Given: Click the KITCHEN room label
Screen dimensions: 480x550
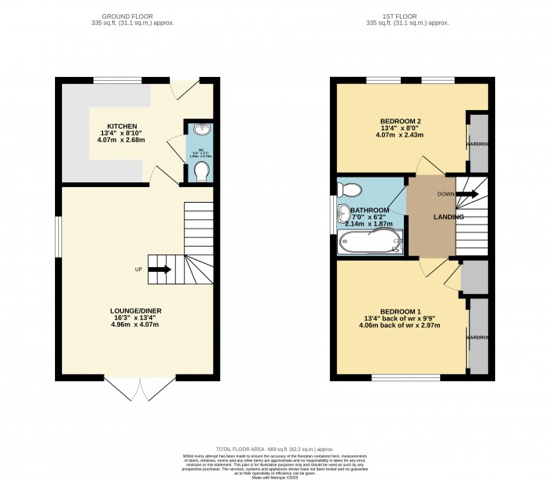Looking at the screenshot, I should tap(123, 126).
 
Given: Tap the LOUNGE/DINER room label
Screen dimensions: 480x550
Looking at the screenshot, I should tap(137, 310).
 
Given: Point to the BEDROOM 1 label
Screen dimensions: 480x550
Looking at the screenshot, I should tap(400, 311).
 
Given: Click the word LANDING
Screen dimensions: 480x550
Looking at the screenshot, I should tap(449, 217).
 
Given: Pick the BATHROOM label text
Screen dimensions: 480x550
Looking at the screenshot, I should tap(369, 211).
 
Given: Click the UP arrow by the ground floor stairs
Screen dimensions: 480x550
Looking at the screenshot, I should tap(159, 269).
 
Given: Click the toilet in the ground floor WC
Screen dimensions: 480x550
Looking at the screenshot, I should tap(201, 170).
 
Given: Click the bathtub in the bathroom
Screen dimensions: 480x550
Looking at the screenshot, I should tap(369, 243).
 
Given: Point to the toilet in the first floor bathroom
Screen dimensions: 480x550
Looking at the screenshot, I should tap(348, 189).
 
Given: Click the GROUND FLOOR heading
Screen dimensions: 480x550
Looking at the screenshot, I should tap(137, 16).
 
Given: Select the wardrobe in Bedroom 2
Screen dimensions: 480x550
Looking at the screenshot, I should tap(478, 144).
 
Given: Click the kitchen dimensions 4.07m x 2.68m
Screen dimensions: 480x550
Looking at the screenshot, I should tap(123, 141).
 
